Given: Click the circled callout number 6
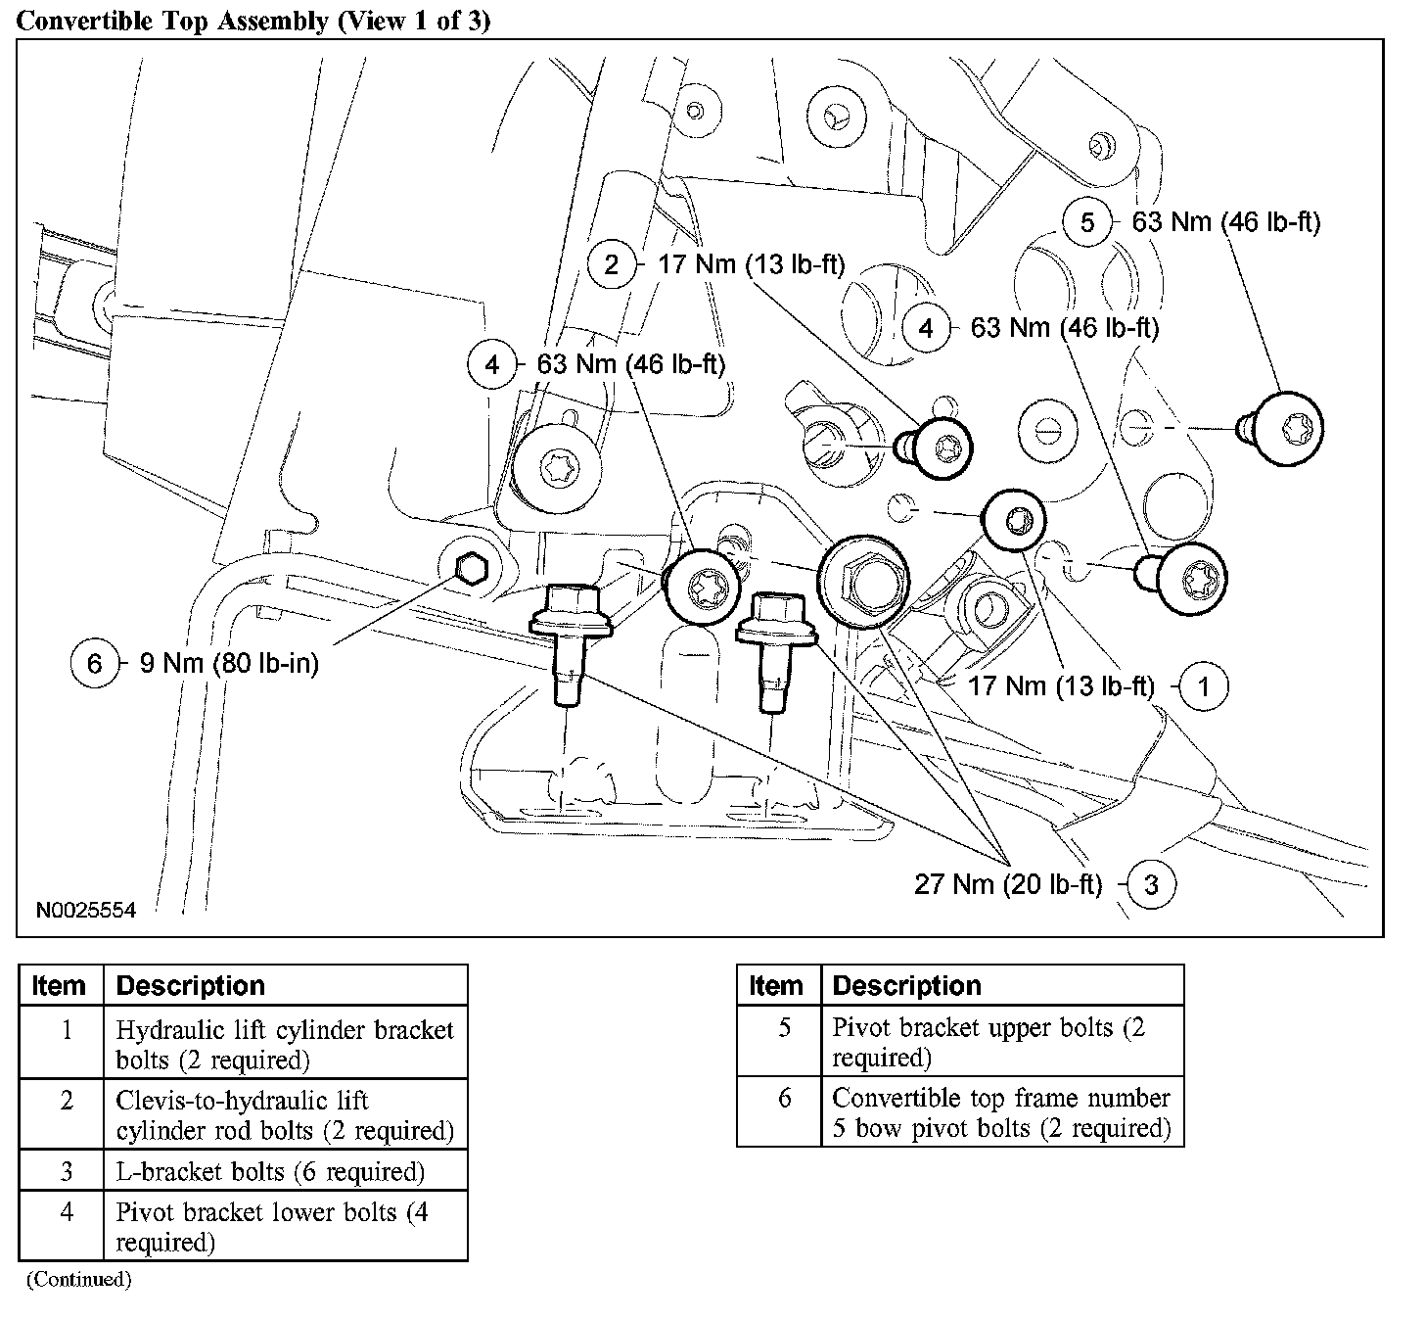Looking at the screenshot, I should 94,664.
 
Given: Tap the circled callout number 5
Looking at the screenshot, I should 1087,223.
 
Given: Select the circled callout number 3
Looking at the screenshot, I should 1151,885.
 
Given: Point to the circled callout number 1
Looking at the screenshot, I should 1204,686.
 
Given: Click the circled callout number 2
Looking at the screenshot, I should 612,264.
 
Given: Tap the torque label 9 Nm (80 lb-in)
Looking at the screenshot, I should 229,664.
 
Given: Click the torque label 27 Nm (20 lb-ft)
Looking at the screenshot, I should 1008,885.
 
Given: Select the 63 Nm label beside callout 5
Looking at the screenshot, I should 1226,223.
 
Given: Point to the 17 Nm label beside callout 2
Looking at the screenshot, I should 751,264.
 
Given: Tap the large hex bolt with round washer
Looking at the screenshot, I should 860,582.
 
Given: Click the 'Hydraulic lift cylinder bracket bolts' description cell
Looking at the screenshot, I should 285,1044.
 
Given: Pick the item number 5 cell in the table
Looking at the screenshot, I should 783,1043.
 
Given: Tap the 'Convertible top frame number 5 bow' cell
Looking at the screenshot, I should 1001,1112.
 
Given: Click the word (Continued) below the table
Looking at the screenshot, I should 78,1279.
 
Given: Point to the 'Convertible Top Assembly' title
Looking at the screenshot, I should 253,22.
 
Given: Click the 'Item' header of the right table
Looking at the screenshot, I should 776,985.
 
